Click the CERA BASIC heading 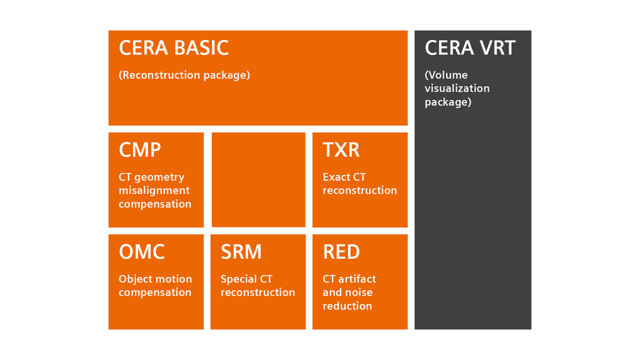tap(174, 48)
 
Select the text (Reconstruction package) tap(184, 75)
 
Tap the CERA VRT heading tap(470, 48)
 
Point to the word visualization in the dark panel tap(457, 89)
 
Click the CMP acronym tap(140, 150)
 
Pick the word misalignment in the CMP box tap(154, 191)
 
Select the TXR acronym tap(341, 150)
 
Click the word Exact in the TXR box tap(336, 177)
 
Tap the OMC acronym tap(142, 252)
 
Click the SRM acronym tap(241, 252)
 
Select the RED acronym tap(341, 252)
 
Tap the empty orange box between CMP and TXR tap(258, 179)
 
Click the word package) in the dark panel tap(448, 102)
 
